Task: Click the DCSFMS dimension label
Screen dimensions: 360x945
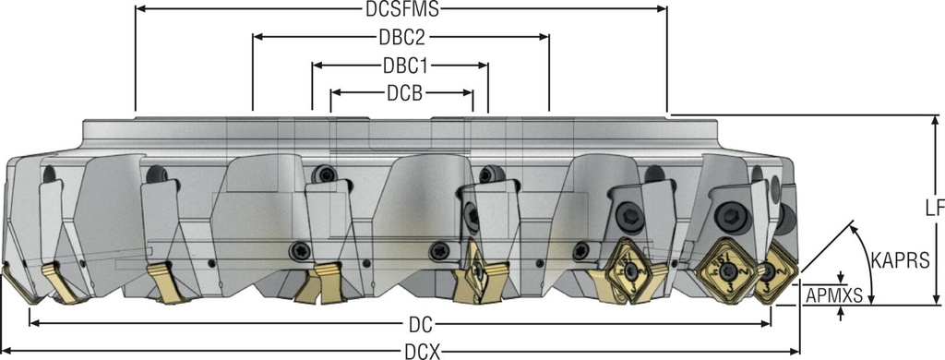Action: coord(401,9)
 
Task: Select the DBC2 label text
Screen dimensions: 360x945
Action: coord(401,38)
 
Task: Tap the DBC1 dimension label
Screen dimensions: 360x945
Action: coord(401,66)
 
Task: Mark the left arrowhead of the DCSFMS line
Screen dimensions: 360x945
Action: coord(139,9)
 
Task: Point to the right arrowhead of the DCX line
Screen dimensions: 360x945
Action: coord(795,352)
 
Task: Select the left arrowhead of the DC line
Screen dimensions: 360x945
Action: coord(34,323)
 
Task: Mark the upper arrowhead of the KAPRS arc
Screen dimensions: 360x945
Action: coord(854,223)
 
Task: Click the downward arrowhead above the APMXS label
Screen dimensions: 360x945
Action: coord(841,280)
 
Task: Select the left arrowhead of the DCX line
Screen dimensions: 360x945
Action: coord(6,352)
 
